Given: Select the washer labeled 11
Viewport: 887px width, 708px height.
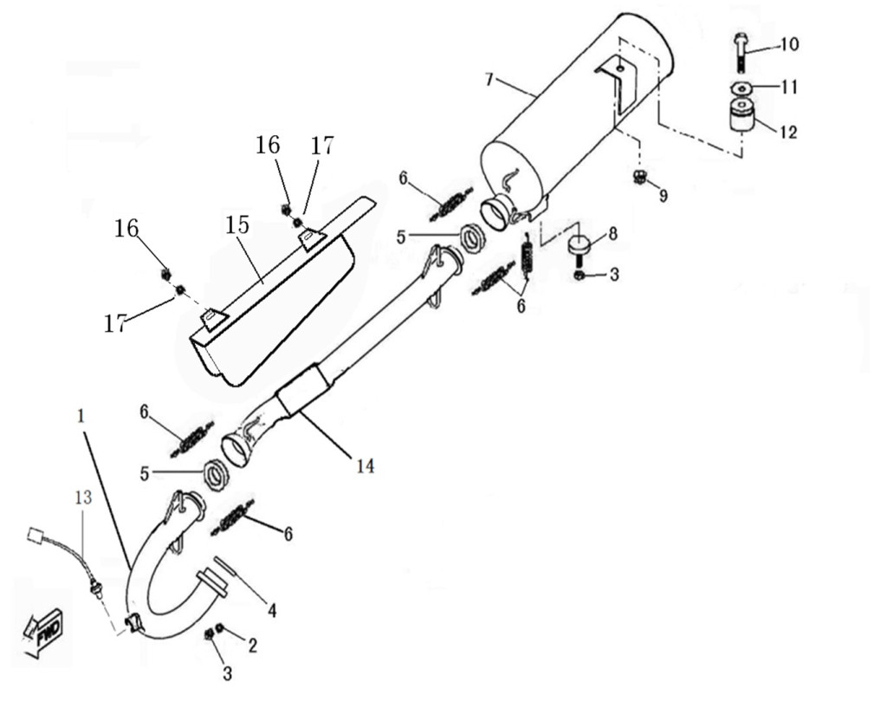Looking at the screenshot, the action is pyautogui.click(x=742, y=88).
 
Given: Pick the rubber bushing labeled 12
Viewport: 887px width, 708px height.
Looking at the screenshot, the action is pyautogui.click(x=741, y=115).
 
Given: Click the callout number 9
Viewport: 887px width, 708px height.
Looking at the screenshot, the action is pyautogui.click(x=663, y=196).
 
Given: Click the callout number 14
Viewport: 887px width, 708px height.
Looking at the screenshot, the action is pyautogui.click(x=366, y=466).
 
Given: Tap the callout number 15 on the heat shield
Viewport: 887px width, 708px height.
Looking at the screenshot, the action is pyautogui.click(x=237, y=225).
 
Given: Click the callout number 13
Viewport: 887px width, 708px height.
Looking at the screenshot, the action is pyautogui.click(x=83, y=497).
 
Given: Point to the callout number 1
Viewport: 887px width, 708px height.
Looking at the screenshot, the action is pyautogui.click(x=81, y=417).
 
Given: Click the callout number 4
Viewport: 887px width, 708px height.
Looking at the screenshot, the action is pyautogui.click(x=272, y=610).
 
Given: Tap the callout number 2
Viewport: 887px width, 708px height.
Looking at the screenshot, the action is pyautogui.click(x=252, y=646).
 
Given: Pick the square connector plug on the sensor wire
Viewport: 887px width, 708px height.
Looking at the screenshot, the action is pyautogui.click(x=36, y=536).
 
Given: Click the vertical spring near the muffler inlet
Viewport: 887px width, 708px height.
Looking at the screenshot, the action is pyautogui.click(x=528, y=256).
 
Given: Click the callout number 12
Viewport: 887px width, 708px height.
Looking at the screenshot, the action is pyautogui.click(x=788, y=132).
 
